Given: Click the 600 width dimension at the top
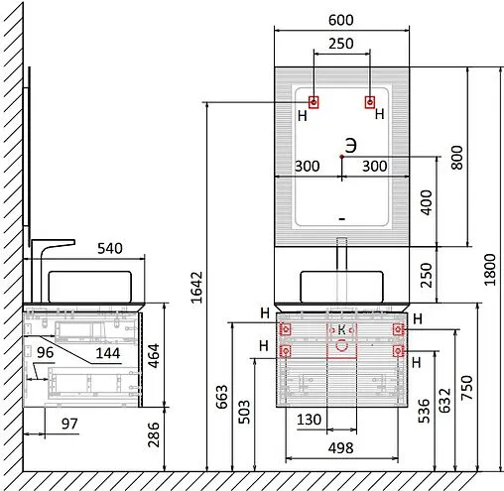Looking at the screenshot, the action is point(341,20).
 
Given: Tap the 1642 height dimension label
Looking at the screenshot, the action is point(196,288).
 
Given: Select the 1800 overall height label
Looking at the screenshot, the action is point(490,270).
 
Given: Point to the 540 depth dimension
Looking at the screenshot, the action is point(110,248).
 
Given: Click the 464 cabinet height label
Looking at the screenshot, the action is point(154,356).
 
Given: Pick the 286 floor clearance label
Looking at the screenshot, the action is point(154,434).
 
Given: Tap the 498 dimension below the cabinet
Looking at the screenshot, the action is point(340,448).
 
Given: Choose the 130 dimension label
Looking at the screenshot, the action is point(309,420).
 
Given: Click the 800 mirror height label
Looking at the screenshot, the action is point(457,158).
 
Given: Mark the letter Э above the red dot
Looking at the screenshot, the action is point(351,146).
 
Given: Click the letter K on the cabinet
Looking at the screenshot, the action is point(342,329).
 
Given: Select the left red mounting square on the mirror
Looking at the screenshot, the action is point(314,102).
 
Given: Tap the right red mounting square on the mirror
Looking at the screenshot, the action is point(370,102).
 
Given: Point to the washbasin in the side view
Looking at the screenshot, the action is point(90,287).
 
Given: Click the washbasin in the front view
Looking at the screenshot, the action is point(341,287).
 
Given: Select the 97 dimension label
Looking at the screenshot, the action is point(69,424).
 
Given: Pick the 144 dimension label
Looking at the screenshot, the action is point(108,353).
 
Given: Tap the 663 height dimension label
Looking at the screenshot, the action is point(222,397).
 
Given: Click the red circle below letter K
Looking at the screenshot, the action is point(341,345).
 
